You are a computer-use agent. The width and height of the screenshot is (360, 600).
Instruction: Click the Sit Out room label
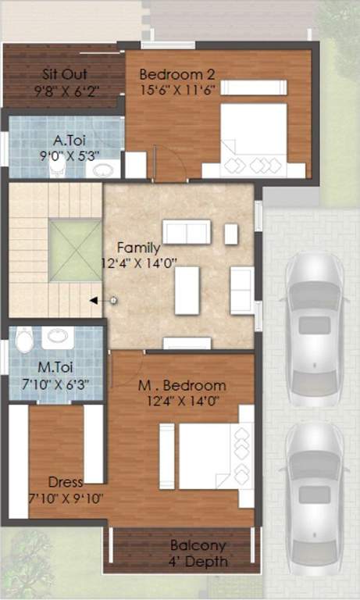(64, 74)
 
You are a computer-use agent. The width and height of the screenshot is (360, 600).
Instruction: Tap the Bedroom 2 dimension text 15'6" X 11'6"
(176, 90)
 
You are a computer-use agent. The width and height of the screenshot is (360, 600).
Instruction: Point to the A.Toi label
(69, 141)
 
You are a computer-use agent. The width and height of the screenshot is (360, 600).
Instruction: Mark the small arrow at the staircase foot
(94, 299)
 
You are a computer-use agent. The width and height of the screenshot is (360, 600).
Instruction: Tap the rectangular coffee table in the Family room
(187, 290)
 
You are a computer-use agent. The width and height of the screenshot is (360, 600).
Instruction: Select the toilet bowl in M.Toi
(24, 341)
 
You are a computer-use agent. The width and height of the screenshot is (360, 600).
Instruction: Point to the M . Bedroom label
(182, 385)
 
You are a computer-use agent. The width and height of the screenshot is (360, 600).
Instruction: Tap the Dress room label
(65, 482)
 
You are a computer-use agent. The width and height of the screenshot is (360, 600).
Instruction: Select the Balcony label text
(198, 546)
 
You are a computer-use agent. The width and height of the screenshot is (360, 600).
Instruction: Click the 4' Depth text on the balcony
(198, 562)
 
